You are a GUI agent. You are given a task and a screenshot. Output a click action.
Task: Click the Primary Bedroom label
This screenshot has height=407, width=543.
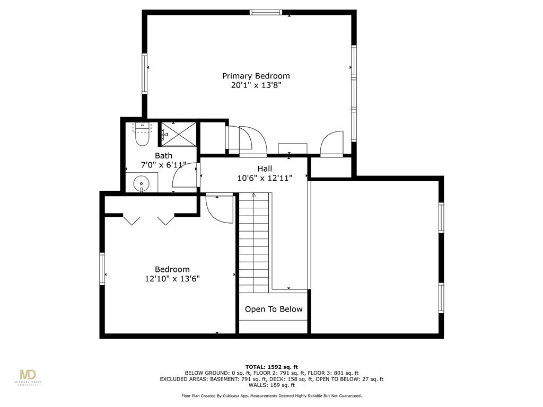[x=256, y=76]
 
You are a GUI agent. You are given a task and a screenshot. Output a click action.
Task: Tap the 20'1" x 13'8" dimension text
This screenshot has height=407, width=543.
[x=256, y=85]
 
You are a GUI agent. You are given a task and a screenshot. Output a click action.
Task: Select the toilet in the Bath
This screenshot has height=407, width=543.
[x=142, y=134]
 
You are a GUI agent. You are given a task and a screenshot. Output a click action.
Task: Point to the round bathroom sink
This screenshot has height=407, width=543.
[x=141, y=183]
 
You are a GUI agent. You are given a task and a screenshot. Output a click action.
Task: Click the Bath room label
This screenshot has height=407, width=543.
[x=163, y=156]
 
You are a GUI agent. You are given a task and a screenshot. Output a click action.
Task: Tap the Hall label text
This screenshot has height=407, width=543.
[x=265, y=169]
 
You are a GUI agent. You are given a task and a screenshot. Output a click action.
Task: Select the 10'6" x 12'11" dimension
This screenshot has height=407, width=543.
[x=265, y=178]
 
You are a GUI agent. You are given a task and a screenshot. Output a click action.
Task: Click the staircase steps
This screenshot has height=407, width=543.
[x=254, y=243]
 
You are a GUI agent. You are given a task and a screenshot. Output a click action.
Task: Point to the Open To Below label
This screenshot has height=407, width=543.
[x=274, y=309]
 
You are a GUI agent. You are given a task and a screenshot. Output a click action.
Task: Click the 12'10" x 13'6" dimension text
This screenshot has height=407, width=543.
[x=172, y=279]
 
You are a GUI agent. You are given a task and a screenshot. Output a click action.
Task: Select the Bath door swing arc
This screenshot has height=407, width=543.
[x=185, y=175]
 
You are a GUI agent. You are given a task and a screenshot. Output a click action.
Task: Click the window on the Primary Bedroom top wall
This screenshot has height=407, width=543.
[x=266, y=13]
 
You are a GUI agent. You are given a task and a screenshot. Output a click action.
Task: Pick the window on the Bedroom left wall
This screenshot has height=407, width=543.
[x=102, y=269]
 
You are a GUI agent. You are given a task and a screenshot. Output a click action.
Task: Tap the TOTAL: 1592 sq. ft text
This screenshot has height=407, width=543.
[x=271, y=367]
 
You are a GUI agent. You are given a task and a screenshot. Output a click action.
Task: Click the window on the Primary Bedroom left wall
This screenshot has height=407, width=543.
[x=144, y=73]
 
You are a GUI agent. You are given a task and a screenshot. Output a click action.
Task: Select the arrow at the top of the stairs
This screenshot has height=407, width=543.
[x=253, y=195]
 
